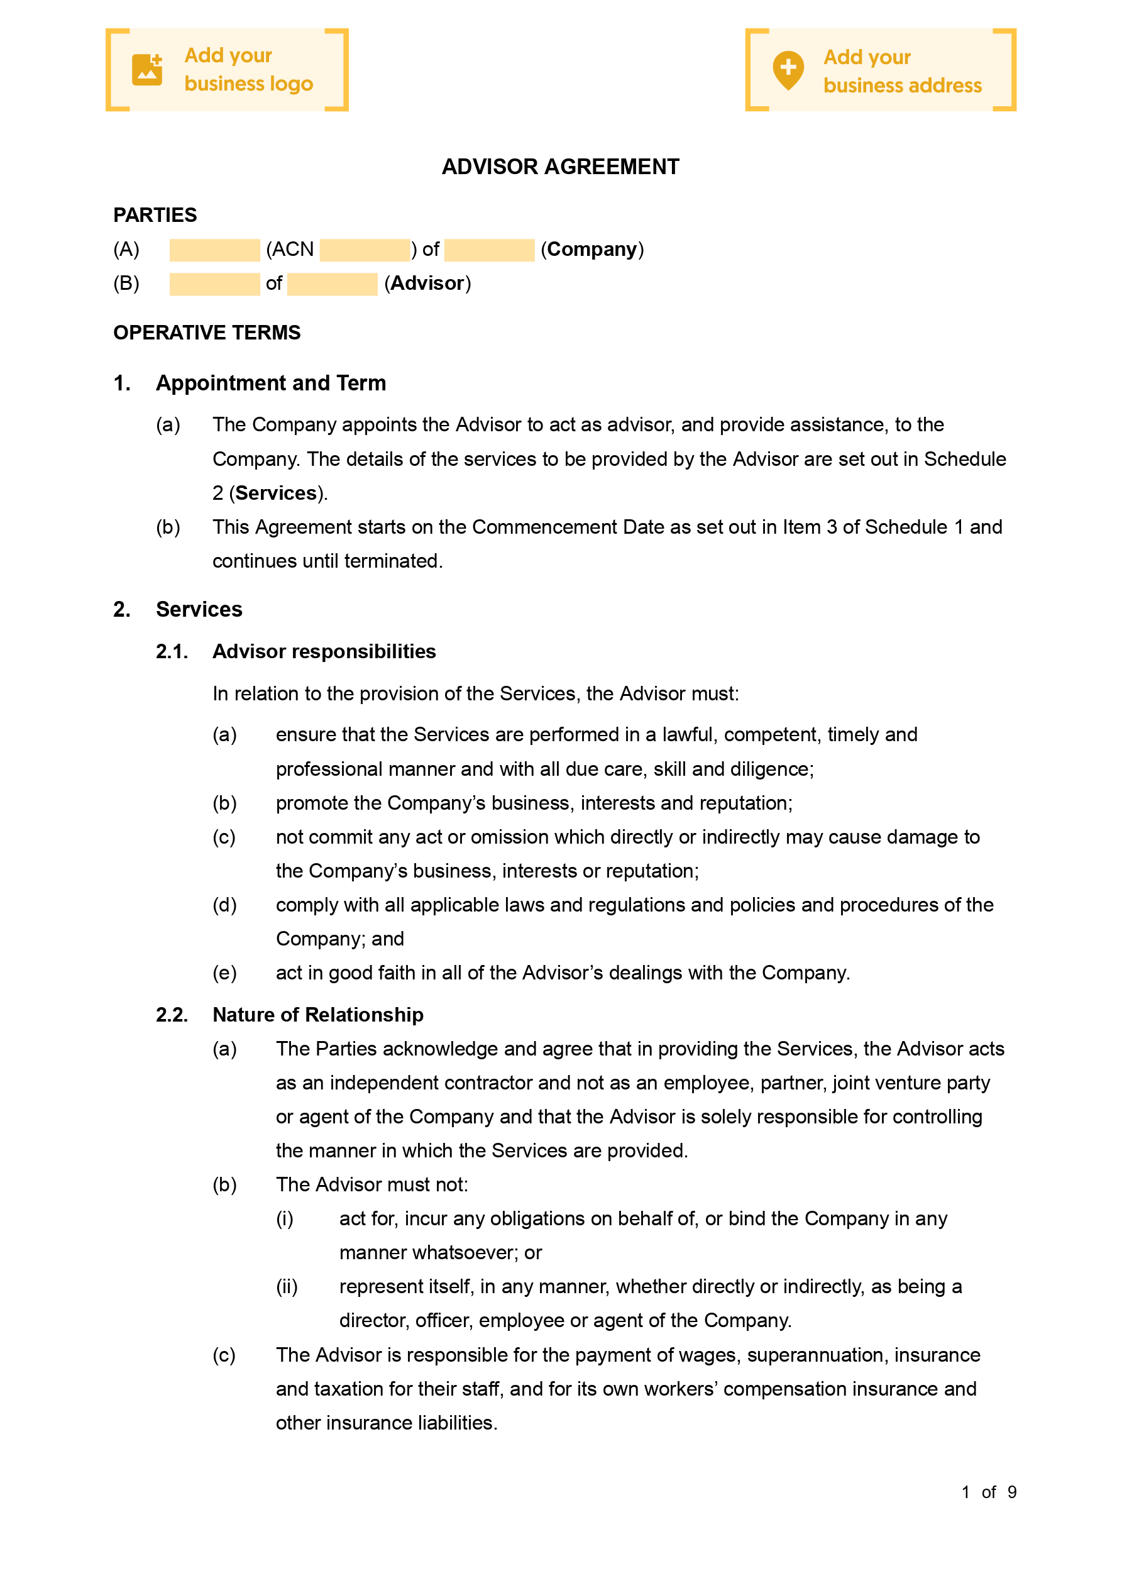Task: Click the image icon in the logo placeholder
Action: (x=146, y=70)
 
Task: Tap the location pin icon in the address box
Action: (x=788, y=70)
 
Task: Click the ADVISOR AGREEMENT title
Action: (x=560, y=167)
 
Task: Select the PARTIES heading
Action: (x=155, y=215)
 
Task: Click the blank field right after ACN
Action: (x=365, y=250)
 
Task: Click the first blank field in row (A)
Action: (x=214, y=250)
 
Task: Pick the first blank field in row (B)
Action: (x=214, y=284)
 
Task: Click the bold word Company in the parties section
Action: (x=591, y=249)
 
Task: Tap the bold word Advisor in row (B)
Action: (x=427, y=283)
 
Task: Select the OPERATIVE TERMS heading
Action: (x=207, y=333)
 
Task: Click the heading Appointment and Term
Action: (x=270, y=382)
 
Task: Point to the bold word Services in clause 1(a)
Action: (x=276, y=493)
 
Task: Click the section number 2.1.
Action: (x=172, y=651)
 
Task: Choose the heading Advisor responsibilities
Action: (x=324, y=651)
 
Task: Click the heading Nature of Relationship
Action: (x=317, y=1015)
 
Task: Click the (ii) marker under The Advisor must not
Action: (x=287, y=1286)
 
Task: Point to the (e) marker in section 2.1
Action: (x=224, y=973)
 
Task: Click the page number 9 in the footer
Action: (x=1011, y=1492)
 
